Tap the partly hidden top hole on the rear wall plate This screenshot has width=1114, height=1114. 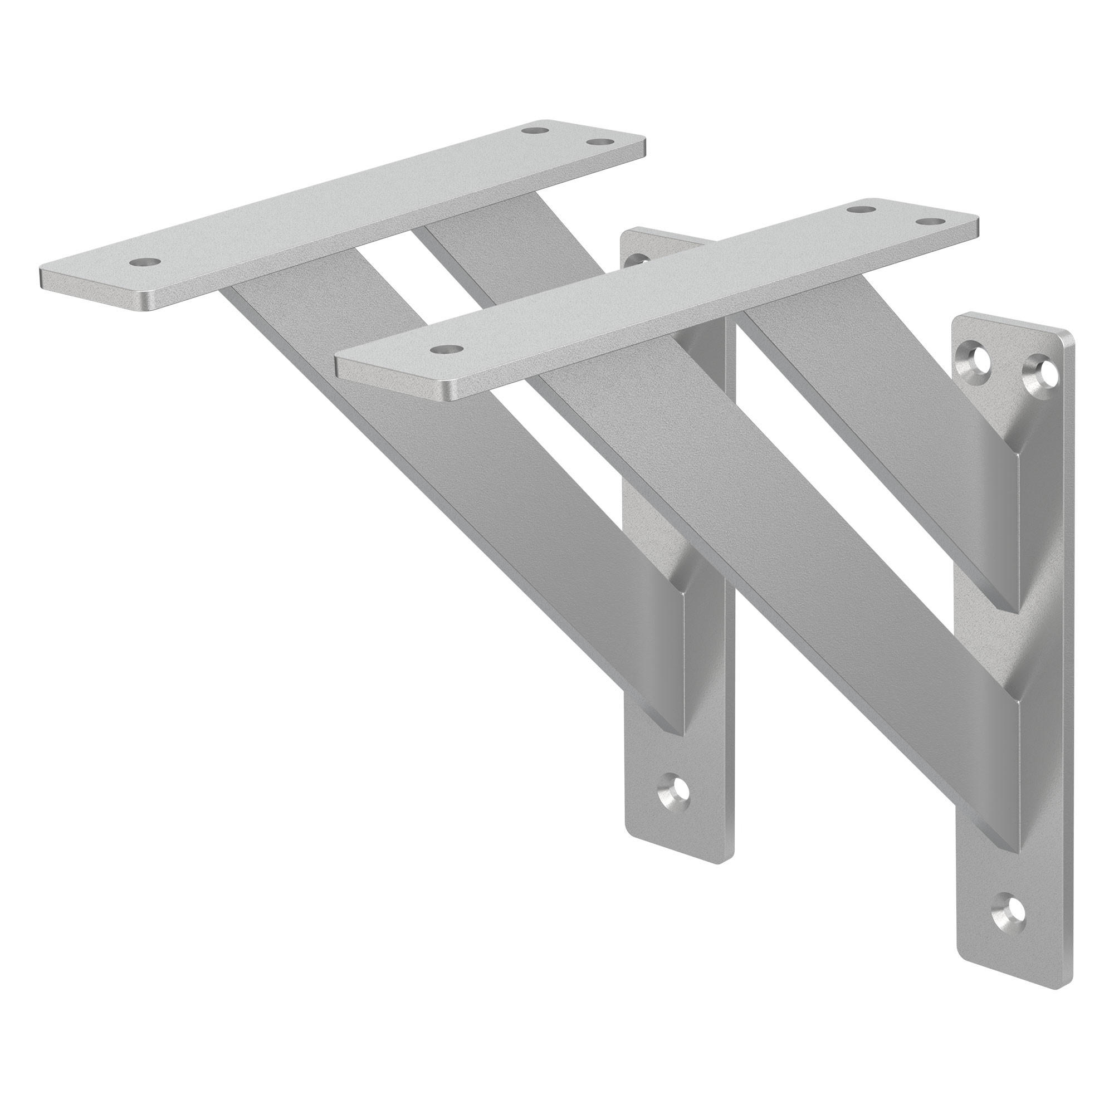(x=635, y=260)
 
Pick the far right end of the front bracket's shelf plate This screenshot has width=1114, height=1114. (x=977, y=223)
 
